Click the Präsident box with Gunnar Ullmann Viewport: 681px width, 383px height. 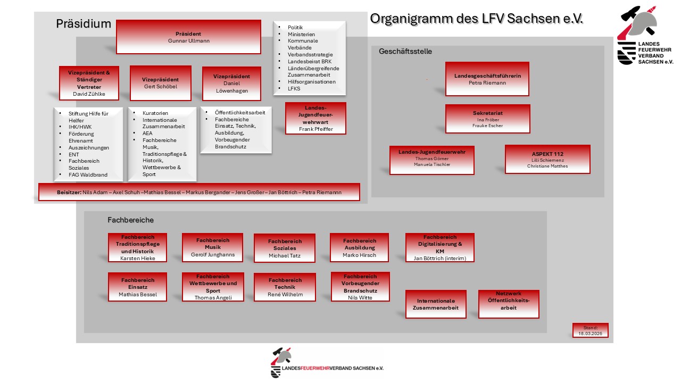point(188,37)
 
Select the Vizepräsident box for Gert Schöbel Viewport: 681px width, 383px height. point(160,83)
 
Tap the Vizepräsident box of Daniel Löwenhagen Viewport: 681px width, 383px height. point(231,84)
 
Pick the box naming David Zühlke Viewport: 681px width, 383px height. point(89,83)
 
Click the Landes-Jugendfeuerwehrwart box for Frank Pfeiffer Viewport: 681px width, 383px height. point(315,118)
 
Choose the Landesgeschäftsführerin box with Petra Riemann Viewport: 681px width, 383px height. point(487,79)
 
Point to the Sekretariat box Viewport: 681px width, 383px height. point(487,119)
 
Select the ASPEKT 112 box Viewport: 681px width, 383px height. point(547,160)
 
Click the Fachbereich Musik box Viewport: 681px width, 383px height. point(212,247)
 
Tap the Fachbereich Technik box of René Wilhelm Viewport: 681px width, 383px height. point(285,287)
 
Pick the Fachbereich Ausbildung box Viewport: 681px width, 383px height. point(359,247)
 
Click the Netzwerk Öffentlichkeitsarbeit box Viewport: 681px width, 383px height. point(509,304)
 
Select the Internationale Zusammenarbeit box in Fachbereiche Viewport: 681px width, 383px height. point(436,304)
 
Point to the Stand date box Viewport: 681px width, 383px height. point(590,330)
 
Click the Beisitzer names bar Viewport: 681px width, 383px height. point(199,192)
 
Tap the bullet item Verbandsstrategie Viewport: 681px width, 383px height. point(310,54)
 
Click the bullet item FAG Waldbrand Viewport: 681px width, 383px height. point(88,174)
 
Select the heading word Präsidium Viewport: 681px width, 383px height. point(84,24)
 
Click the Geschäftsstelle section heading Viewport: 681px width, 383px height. point(405,52)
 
